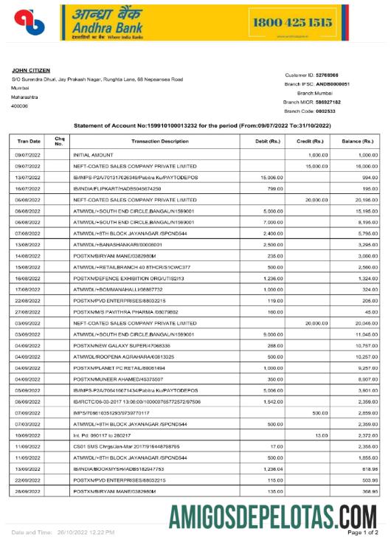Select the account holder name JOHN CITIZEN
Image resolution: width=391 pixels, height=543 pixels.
tap(30, 71)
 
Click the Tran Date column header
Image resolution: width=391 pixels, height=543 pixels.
tap(29, 140)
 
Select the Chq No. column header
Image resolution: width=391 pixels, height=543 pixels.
tap(59, 140)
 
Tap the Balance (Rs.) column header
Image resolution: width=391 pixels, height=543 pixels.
tap(357, 140)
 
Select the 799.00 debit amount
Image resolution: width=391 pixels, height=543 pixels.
tap(274, 188)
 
